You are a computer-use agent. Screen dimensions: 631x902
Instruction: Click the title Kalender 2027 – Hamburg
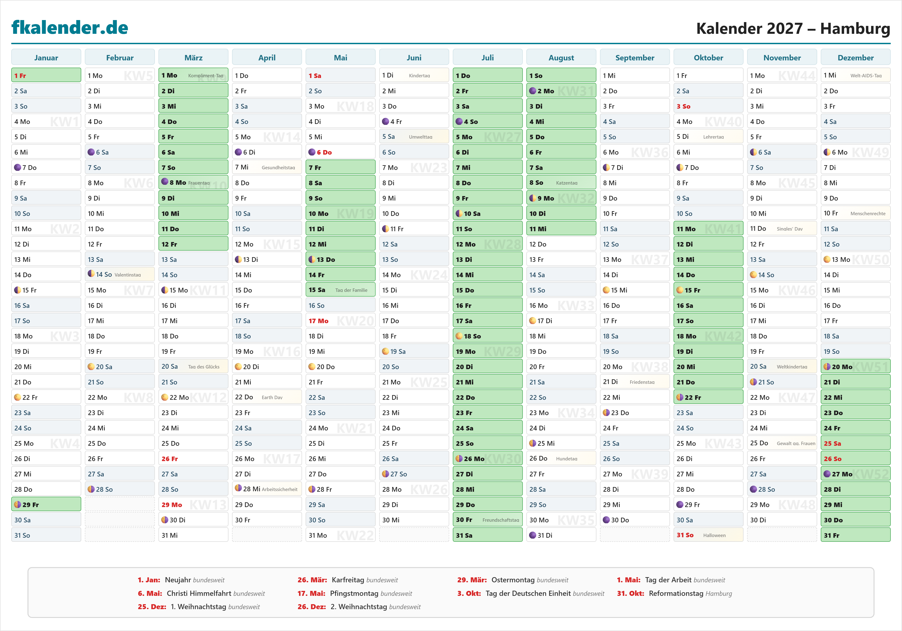[x=793, y=29]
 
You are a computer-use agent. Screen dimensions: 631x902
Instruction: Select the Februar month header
[x=120, y=58]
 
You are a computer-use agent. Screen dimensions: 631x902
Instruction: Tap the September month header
[x=635, y=58]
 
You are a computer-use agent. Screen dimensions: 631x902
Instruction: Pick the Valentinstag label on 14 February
[x=128, y=275]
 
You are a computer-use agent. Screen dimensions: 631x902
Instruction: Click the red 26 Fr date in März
[x=170, y=459]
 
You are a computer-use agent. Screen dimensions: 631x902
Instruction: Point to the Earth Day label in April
[x=272, y=397]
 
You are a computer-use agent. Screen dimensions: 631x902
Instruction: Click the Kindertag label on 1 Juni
[x=419, y=76]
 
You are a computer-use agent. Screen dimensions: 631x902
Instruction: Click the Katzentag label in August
[x=566, y=183]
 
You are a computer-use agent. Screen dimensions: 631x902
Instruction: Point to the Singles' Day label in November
[x=789, y=229]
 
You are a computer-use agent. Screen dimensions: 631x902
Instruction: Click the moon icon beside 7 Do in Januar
[x=17, y=167]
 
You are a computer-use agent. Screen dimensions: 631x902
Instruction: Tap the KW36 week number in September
[x=649, y=152]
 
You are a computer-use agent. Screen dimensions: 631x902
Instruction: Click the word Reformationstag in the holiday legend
[x=676, y=593]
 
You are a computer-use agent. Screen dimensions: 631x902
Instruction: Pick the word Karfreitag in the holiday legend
[x=348, y=580]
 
